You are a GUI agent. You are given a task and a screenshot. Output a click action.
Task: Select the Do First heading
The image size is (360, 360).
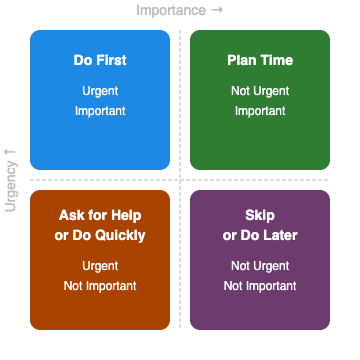point(100,60)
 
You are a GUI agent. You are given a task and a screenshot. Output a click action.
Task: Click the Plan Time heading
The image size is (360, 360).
point(260,60)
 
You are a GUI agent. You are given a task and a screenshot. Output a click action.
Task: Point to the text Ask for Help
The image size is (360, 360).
point(100,215)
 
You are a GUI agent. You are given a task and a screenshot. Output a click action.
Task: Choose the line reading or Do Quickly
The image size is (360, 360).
point(100,236)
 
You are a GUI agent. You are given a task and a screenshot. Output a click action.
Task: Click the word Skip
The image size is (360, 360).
point(260,215)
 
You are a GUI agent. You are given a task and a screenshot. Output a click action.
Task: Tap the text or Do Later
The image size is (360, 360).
point(260,236)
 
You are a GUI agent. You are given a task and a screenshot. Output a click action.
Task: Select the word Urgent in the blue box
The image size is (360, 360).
point(100,91)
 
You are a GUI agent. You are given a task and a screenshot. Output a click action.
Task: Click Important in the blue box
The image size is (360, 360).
point(100,111)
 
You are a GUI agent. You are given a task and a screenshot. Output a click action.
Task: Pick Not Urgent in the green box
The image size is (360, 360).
point(260,91)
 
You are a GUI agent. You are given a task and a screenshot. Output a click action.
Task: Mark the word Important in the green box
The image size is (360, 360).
point(260,111)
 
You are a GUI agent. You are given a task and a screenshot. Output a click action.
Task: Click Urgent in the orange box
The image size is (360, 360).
point(100,266)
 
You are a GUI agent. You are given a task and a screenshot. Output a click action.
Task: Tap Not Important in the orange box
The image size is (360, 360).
point(100,286)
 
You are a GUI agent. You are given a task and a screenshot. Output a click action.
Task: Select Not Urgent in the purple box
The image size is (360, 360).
point(260,266)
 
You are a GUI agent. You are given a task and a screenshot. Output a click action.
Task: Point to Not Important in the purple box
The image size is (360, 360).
point(260,286)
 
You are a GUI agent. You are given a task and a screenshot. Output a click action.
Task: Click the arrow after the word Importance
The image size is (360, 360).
point(217,11)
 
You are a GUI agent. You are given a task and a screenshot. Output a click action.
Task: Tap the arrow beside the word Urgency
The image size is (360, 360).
point(11,151)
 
